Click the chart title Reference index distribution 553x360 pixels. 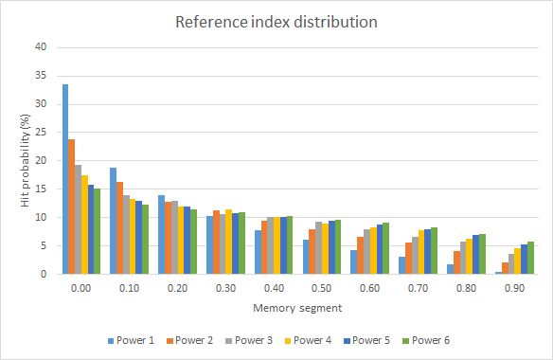point(276,22)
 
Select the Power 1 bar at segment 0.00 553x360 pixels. point(65,179)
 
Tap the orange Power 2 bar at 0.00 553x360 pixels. point(72,207)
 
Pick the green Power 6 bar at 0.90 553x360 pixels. point(531,258)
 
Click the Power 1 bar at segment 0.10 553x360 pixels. point(114,221)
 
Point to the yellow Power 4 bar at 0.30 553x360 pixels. point(229,242)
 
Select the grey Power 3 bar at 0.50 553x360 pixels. point(319,248)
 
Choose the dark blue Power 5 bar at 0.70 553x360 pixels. point(428,252)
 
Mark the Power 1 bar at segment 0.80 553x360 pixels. point(451,269)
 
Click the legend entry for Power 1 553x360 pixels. point(131,340)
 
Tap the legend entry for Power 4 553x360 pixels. point(308,340)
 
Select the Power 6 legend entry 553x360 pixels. point(426,340)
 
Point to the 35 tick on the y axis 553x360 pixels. point(41,75)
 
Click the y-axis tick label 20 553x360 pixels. point(41,160)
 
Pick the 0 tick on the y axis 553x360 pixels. point(44,274)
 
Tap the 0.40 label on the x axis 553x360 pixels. point(274,288)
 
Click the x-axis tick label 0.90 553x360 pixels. point(514,288)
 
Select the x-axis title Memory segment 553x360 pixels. point(297,308)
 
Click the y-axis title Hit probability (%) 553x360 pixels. point(25,161)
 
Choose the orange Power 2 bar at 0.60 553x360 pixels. point(361,255)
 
